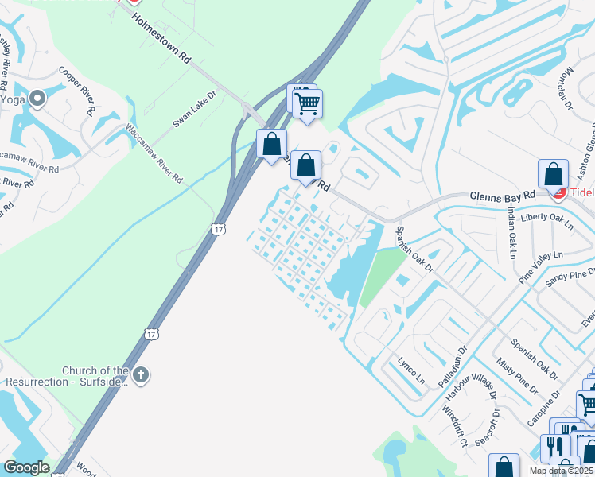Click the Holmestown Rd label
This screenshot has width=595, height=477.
pos(162,38)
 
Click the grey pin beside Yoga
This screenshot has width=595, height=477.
pos(37,98)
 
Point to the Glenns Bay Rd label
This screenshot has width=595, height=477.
pos(502,196)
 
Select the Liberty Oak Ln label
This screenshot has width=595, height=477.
pos(546,220)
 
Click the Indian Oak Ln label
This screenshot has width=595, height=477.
pos(511,232)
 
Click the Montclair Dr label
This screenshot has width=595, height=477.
pos(566,87)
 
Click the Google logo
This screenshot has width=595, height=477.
pos(26,467)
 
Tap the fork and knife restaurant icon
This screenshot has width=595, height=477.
pos(555,446)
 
